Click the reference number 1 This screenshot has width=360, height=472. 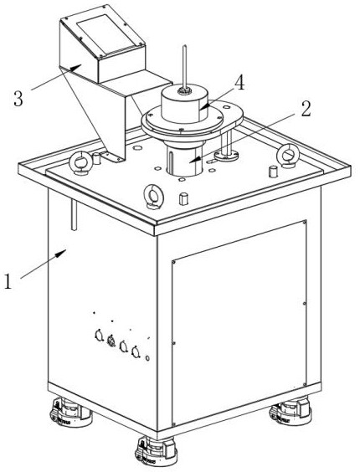[8, 281]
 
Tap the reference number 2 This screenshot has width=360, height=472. [306, 109]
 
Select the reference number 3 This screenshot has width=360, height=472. [18, 99]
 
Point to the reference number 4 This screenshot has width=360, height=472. [239, 83]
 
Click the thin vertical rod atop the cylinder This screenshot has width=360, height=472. [185, 67]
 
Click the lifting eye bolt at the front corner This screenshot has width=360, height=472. [154, 197]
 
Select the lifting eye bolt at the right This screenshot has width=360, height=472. [288, 156]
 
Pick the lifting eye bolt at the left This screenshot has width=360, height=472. [80, 162]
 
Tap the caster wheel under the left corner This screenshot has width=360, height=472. [70, 412]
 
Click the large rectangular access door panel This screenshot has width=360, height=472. [239, 324]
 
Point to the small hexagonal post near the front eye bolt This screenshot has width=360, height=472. [183, 198]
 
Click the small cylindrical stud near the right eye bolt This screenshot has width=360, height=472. [273, 172]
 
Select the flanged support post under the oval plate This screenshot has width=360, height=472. [226, 145]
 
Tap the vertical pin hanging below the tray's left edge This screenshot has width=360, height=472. [75, 215]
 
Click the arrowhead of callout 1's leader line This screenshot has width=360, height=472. [62, 253]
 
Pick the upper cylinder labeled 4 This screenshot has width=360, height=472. [185, 104]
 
